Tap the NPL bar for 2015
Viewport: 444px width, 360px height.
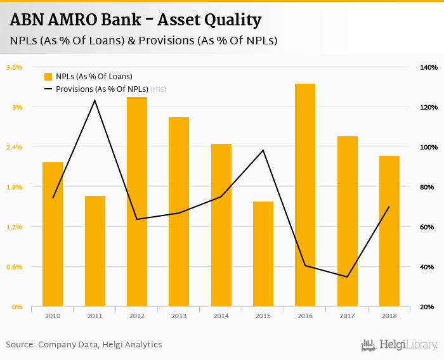[263, 254]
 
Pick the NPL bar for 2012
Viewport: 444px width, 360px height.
[137, 202]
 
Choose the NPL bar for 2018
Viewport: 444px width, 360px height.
[389, 231]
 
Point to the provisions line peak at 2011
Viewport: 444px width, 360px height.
[95, 100]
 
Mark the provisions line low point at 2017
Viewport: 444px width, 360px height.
[347, 276]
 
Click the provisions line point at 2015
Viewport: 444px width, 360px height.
[263, 150]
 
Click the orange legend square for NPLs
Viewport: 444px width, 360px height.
[48, 77]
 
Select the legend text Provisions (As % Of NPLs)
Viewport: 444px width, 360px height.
[102, 89]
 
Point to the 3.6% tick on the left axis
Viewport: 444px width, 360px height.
[15, 67]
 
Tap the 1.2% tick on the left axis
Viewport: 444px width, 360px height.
[15, 227]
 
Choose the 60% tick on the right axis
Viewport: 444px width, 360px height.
[427, 227]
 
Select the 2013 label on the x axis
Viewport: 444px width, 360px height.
[179, 316]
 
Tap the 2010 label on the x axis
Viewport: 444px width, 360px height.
[53, 316]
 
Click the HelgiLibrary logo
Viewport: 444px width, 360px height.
[400, 345]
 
